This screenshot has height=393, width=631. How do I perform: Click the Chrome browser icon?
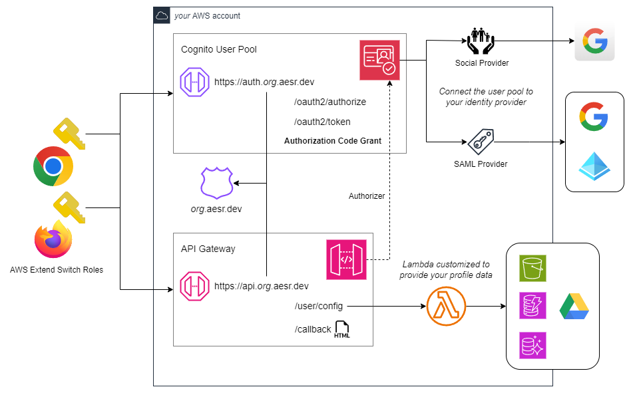[53, 166]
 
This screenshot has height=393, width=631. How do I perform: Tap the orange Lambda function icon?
[446, 307]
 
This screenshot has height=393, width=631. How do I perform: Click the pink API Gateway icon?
[346, 259]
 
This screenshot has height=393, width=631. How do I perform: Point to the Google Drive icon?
[573, 307]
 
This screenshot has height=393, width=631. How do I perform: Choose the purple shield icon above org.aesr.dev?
[217, 183]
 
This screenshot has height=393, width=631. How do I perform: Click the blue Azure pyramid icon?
[594, 164]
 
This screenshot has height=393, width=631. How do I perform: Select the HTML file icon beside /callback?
[342, 330]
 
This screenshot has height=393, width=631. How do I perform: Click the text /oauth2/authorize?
[329, 102]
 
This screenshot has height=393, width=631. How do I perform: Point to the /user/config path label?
[319, 306]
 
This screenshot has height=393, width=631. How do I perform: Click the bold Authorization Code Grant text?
[332, 141]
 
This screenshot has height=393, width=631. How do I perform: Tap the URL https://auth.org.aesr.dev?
[264, 82]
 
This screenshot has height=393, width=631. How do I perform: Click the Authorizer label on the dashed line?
[367, 196]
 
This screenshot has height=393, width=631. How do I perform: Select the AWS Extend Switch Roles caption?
[57, 270]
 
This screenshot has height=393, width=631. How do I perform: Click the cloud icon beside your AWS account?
[162, 15]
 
